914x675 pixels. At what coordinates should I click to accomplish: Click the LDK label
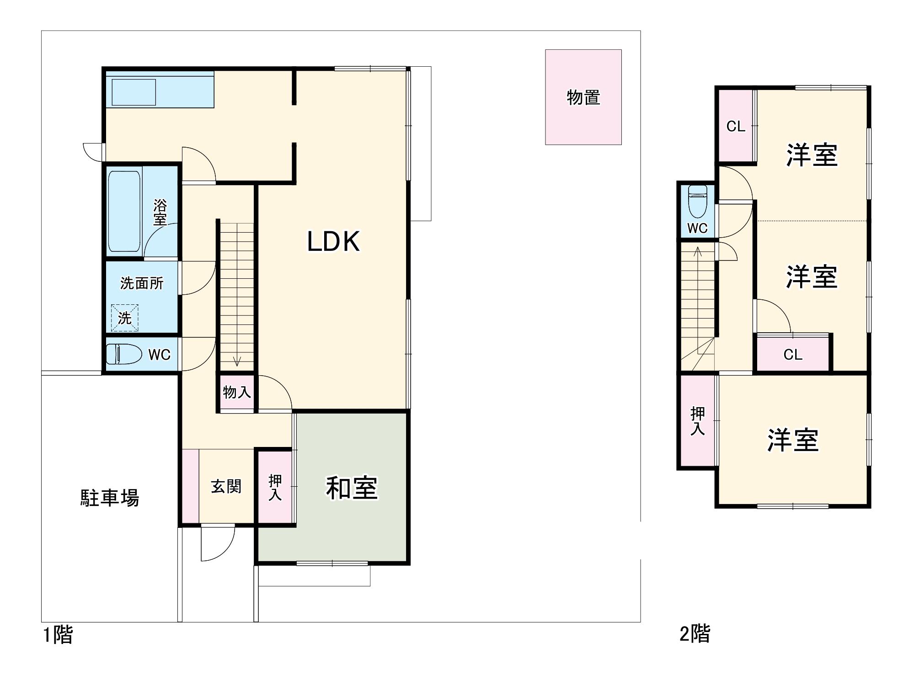point(333,242)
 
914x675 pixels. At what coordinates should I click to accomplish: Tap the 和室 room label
point(352,488)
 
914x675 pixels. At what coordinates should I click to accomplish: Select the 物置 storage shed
point(583,97)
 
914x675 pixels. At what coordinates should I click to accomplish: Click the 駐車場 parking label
point(110,498)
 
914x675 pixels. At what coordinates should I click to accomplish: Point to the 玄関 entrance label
point(226,486)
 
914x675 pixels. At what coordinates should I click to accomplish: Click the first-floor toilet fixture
point(123,354)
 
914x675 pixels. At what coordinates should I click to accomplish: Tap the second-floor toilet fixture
point(697,201)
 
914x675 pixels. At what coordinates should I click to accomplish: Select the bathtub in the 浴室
point(124,211)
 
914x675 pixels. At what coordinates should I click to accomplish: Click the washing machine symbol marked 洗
point(124,318)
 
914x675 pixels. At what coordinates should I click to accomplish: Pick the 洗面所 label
point(142,283)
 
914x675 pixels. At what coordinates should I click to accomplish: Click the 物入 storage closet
point(236,392)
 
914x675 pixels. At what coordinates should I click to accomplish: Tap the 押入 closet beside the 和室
point(275,487)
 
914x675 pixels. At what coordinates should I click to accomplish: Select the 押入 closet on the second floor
point(697,421)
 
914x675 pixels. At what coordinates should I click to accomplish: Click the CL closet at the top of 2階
point(736,126)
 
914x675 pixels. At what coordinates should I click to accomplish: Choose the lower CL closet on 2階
point(792,354)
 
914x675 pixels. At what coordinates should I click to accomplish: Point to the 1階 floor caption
point(58,635)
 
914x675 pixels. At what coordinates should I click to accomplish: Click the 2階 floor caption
point(695,634)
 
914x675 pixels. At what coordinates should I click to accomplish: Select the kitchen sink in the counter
point(134,92)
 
